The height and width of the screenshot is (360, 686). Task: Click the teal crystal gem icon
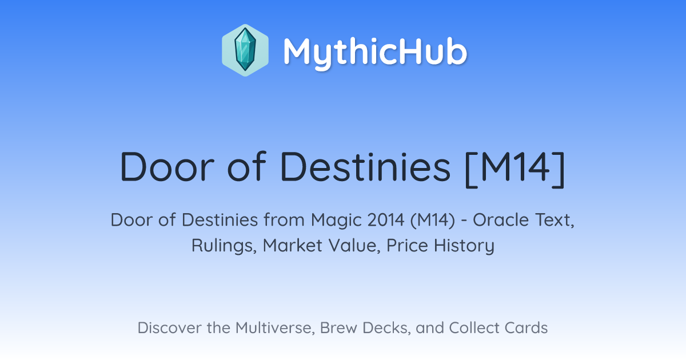pyautogui.click(x=245, y=50)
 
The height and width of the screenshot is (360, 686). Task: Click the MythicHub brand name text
pyautogui.click(x=376, y=53)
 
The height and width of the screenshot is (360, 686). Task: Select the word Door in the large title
pyautogui.click(x=167, y=167)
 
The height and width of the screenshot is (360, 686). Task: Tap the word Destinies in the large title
pyautogui.click(x=365, y=167)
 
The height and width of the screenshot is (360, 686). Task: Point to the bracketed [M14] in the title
pyautogui.click(x=514, y=169)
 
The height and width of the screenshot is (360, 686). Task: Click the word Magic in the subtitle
pyautogui.click(x=336, y=221)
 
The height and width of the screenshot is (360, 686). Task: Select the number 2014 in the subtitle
pyautogui.click(x=386, y=220)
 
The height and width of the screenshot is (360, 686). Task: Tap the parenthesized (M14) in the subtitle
pyautogui.click(x=433, y=221)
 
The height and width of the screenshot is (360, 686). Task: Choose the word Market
pyautogui.click(x=293, y=245)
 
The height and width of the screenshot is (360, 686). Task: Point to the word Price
pyautogui.click(x=407, y=245)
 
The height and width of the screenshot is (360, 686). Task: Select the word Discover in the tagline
pyautogui.click(x=169, y=328)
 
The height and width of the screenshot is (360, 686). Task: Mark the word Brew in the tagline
pyautogui.click(x=338, y=328)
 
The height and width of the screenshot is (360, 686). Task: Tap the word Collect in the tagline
pyautogui.click(x=474, y=328)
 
